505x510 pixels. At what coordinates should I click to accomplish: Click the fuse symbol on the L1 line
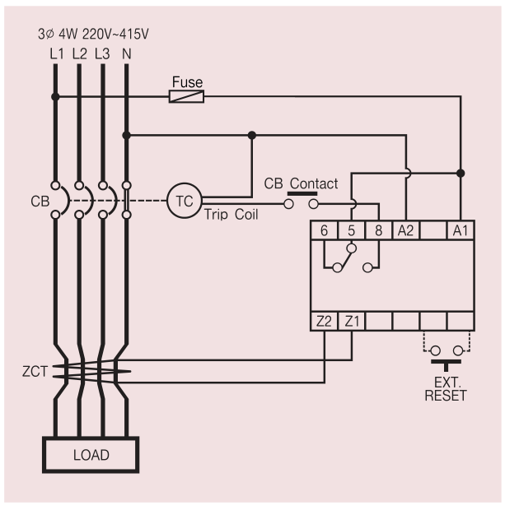coord(186,96)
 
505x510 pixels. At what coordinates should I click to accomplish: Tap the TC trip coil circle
coord(185,201)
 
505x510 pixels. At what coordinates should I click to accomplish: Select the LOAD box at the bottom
coord(91,455)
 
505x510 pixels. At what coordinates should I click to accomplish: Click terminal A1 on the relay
coord(461,230)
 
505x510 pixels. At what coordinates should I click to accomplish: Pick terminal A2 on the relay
coord(405,230)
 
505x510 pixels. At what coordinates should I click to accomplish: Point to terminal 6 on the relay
coord(324,230)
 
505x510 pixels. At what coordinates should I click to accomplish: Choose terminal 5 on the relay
coord(351,230)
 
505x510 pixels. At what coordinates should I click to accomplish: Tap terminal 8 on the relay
coord(378,230)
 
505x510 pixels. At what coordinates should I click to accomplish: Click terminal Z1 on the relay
coord(351,322)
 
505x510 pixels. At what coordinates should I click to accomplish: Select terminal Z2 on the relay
coord(324,322)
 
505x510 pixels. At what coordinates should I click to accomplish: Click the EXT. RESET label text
coord(446,389)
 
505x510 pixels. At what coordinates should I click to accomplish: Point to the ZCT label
coord(35,372)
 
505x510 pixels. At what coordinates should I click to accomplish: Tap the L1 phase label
coord(57,54)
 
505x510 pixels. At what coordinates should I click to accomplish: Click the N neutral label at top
coord(126,54)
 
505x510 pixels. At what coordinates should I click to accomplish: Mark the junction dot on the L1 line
coord(55,96)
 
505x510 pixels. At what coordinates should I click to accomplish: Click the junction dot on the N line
coord(126,135)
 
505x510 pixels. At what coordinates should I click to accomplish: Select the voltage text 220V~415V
coord(115,34)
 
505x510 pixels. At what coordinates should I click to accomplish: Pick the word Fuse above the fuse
coord(187,82)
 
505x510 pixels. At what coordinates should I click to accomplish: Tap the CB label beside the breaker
coord(40,202)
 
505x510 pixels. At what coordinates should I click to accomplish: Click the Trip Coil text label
coord(231,215)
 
